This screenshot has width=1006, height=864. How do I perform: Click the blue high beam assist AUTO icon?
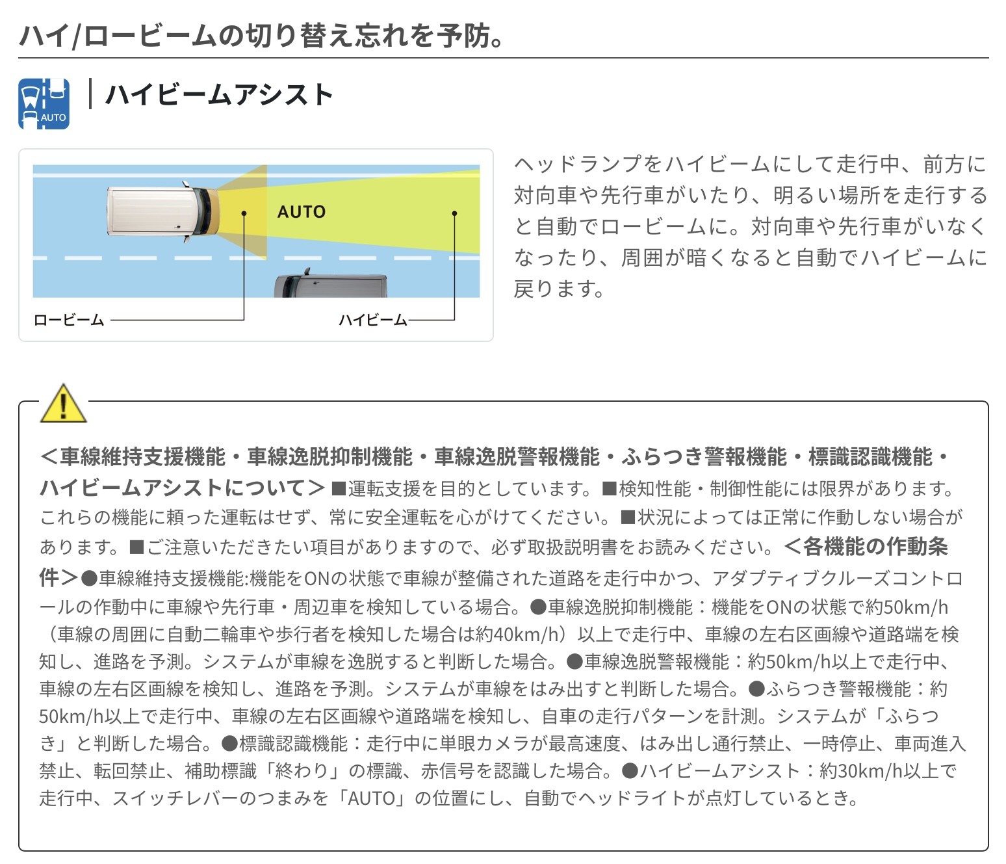click(x=44, y=103)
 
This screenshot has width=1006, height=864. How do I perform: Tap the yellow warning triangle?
click(x=63, y=404)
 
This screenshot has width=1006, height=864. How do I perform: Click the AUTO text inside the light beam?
click(x=302, y=212)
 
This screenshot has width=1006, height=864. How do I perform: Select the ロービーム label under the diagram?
click(x=69, y=321)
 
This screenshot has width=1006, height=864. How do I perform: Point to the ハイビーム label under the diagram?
click(x=373, y=321)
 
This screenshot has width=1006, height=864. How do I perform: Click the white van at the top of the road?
click(x=163, y=212)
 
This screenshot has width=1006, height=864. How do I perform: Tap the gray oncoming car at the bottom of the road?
click(x=331, y=284)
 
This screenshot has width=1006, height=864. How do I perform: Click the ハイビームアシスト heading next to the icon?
click(x=220, y=94)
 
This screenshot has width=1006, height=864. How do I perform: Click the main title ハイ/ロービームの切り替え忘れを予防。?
click(x=261, y=36)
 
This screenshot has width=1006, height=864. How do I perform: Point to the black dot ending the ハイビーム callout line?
click(x=454, y=213)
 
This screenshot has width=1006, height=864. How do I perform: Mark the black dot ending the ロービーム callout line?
click(x=244, y=213)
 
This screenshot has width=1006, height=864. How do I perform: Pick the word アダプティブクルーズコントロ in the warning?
click(x=838, y=579)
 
